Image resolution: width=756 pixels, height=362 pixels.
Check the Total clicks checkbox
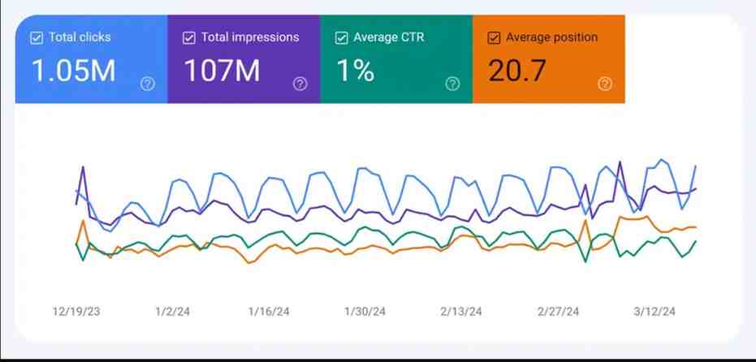(36, 37)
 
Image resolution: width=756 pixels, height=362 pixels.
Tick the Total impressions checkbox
(189, 37)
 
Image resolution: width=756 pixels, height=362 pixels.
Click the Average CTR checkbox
(341, 37)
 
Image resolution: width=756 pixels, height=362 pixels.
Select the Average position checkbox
(494, 37)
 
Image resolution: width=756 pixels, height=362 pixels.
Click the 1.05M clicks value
(73, 71)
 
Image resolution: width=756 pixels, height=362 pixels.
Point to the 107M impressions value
(222, 71)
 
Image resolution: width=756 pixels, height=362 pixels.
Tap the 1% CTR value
(355, 71)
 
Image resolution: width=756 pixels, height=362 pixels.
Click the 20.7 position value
(517, 71)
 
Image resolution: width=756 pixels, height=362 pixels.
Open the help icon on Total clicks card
(147, 84)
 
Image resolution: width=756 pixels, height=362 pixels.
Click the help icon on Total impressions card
(300, 84)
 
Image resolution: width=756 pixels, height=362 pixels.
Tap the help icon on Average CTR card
(452, 84)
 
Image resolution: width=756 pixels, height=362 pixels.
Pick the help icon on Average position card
(604, 84)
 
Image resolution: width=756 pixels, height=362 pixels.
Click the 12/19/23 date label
(76, 312)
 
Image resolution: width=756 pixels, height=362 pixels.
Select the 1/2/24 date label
(172, 312)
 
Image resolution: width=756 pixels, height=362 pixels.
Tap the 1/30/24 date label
(365, 312)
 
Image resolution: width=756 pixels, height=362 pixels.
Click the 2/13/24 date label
(461, 312)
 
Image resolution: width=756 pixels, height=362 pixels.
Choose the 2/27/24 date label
(558, 312)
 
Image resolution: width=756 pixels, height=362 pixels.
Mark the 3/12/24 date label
(654, 312)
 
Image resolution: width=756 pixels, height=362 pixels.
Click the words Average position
(551, 37)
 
